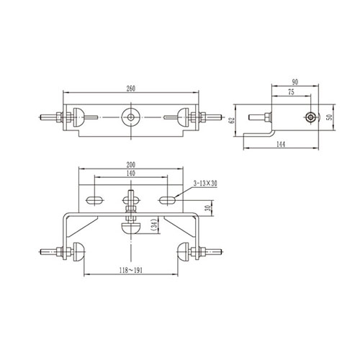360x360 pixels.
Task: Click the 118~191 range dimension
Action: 130,269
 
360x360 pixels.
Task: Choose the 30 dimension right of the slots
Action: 207,209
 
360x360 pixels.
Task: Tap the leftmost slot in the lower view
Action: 94,197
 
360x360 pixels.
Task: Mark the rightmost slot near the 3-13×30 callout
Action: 166,197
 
